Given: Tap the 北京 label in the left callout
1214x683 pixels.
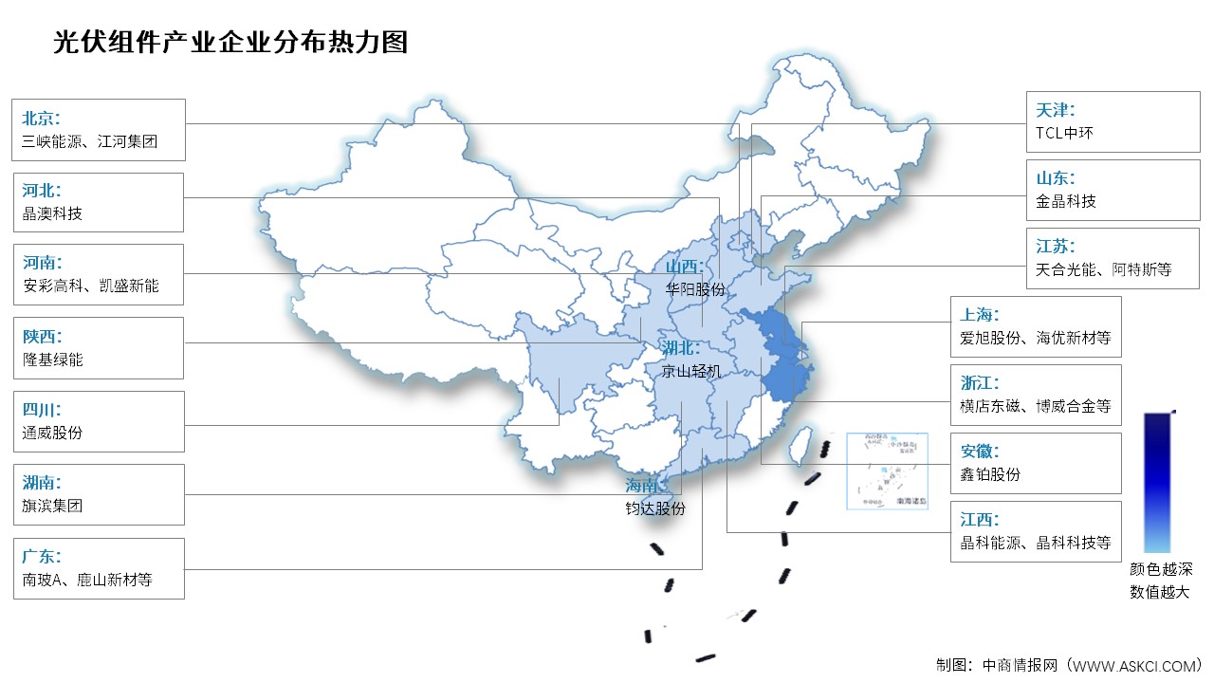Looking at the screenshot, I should tap(41, 119).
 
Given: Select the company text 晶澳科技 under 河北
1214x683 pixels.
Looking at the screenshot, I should tap(52, 213).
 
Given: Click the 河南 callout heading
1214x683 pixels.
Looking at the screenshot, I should tap(41, 262).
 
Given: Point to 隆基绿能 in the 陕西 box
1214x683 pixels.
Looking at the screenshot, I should tap(52, 360).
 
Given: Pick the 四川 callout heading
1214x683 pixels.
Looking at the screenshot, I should tap(41, 410).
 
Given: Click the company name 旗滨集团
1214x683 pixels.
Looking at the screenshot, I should tap(52, 506).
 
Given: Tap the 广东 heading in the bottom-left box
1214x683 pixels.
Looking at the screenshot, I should tap(41, 556).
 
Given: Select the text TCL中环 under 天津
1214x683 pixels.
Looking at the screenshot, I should tap(1065, 133).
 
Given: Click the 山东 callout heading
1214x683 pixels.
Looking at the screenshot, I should tap(1056, 177).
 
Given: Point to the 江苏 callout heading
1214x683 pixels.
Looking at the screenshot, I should tap(1056, 246).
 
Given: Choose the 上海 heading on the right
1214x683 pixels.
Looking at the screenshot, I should tap(980, 314).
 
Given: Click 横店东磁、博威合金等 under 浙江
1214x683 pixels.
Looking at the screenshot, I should tap(1035, 407).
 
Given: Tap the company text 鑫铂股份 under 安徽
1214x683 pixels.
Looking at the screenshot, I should tap(990, 474).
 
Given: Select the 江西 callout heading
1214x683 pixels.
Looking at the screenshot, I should tap(980, 520).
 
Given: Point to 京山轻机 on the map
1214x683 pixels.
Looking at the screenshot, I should tap(692, 371).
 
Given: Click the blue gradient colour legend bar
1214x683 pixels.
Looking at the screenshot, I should tap(1157, 482).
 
